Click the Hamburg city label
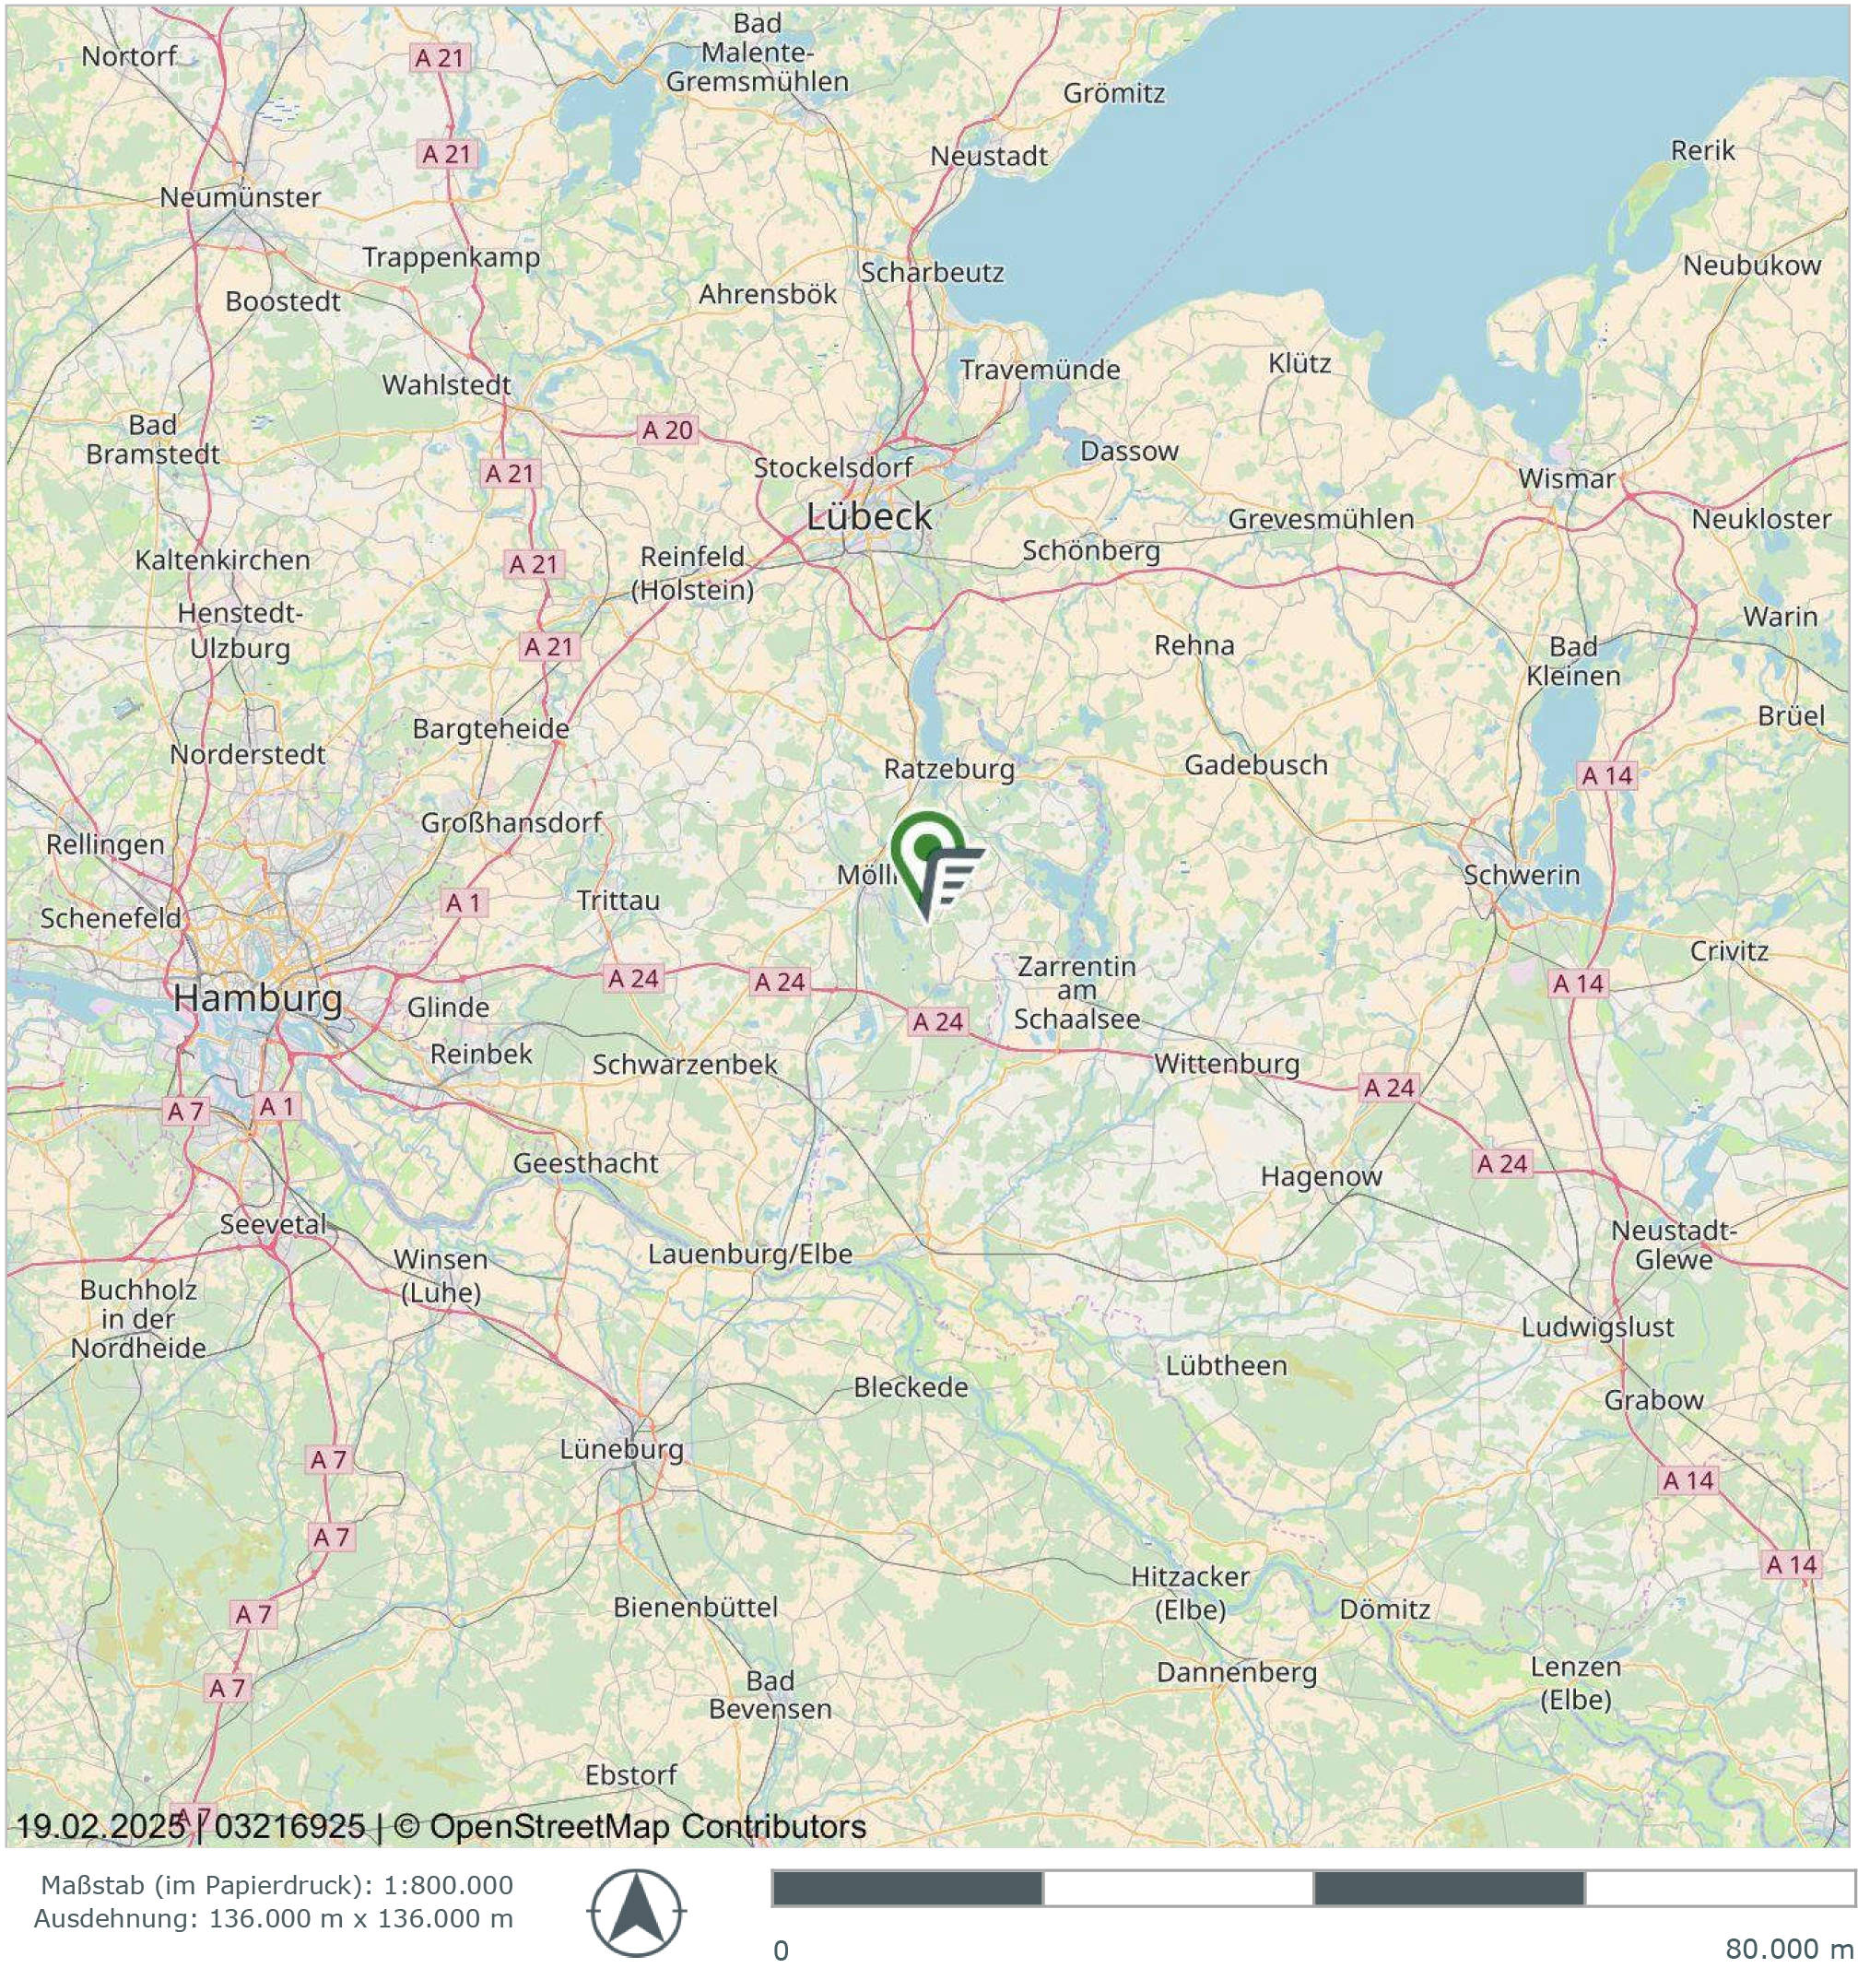coord(257,997)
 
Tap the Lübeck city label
coord(868,516)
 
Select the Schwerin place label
coord(1522,875)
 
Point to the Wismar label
coord(1566,478)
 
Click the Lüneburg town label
coord(621,1449)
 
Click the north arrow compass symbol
coord(637,1913)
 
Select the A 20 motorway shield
coord(667,430)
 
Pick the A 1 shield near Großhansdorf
coord(463,902)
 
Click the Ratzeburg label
coord(948,769)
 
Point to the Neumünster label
coord(240,197)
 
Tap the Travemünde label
coord(1040,370)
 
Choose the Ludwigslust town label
coord(1596,1327)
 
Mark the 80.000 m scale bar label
coord(1787,1949)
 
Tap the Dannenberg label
coord(1236,1673)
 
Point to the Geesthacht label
coord(584,1162)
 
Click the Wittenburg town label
coord(1226,1064)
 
